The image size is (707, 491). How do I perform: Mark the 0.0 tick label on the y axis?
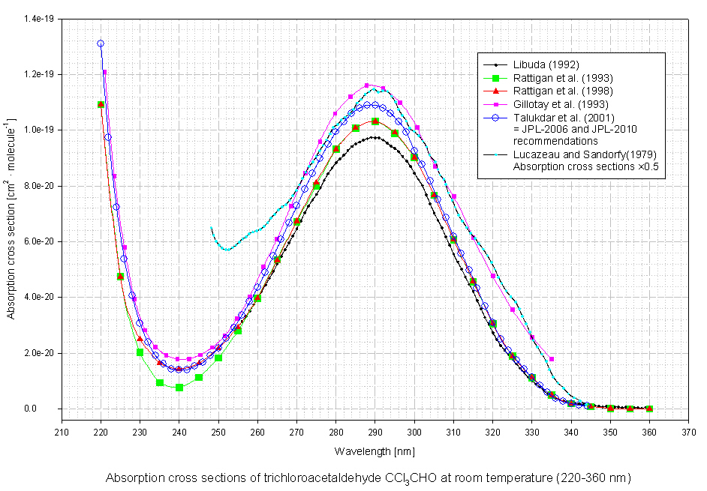[50, 409]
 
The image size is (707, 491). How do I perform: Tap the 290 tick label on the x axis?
[375, 432]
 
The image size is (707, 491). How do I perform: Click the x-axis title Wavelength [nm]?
[375, 452]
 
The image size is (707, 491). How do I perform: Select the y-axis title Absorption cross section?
[12, 217]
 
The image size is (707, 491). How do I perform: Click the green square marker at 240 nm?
[179, 388]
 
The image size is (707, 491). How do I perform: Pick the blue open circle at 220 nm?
[101, 43]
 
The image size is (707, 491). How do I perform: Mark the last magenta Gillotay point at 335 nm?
[552, 359]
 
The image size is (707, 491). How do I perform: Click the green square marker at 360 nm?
[649, 409]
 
